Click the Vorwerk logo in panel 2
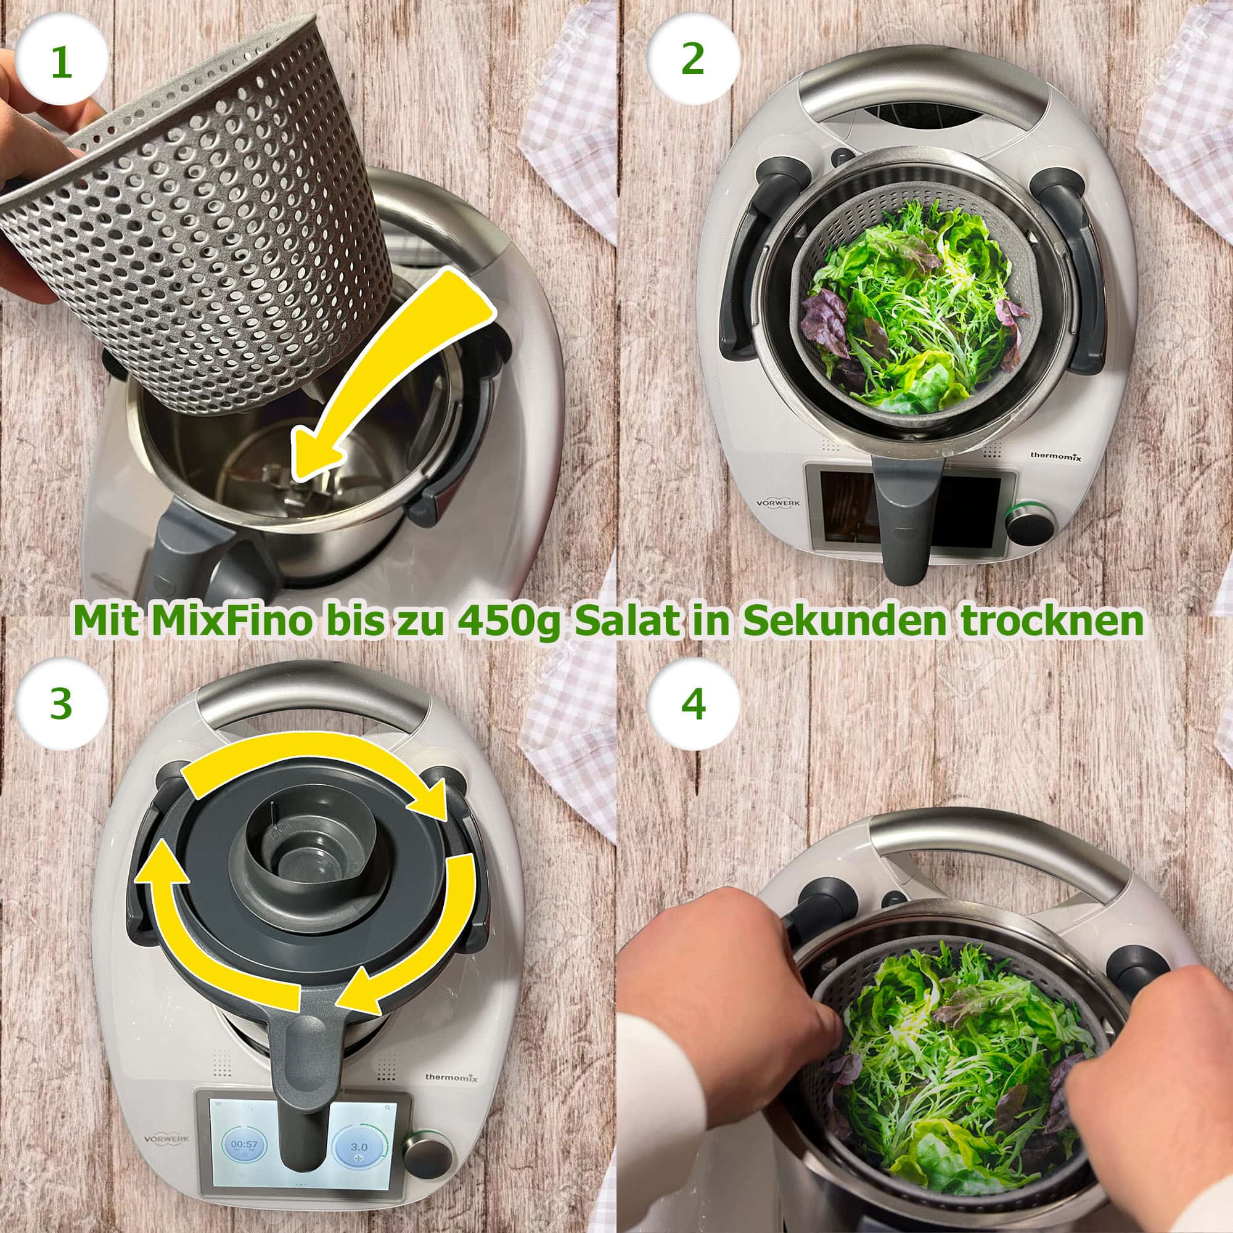click(777, 502)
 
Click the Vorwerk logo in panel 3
click(165, 1102)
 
